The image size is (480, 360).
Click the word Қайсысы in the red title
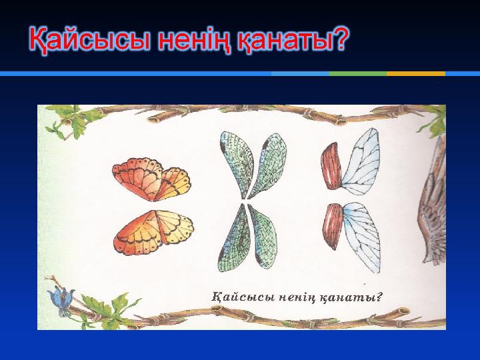[90, 40]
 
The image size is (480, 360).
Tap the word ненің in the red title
[195, 40]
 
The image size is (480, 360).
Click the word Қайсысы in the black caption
[243, 297]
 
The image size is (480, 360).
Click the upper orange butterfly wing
[151, 179]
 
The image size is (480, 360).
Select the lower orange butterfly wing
[153, 232]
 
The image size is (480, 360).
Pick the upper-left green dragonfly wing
[236, 164]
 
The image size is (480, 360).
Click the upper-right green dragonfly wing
[268, 165]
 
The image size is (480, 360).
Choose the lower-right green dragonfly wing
[263, 236]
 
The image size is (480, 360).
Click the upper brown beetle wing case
[331, 166]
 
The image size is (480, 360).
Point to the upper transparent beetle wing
[361, 161]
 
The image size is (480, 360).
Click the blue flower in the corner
[61, 300]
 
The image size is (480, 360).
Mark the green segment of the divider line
[358, 74]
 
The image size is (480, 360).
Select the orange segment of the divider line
[416, 74]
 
